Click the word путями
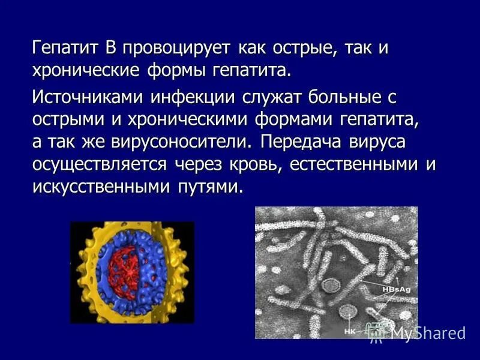coord(210,187)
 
